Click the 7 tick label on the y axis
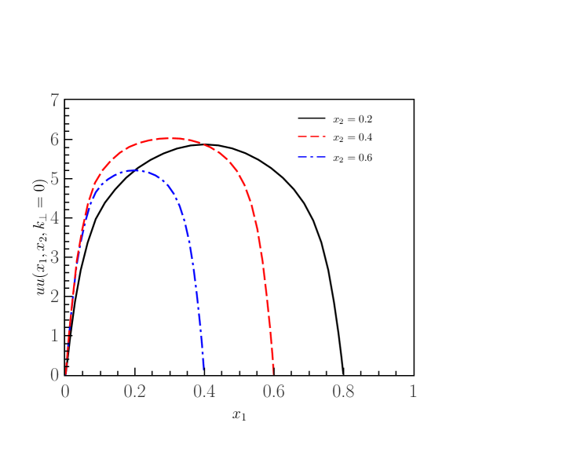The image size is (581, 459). tap(55, 100)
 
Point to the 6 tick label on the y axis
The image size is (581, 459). tap(55, 139)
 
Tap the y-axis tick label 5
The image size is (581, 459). tap(55, 178)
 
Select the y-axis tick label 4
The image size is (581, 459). tap(55, 217)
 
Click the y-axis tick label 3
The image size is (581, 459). tap(55, 257)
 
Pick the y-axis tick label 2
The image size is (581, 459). tap(55, 296)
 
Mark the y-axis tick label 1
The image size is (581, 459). tap(55, 335)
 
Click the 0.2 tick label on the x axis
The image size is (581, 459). tap(135, 391)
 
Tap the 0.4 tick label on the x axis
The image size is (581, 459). tap(204, 391)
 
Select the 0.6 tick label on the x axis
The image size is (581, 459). tap(274, 391)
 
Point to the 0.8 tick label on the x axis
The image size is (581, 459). tap(343, 391)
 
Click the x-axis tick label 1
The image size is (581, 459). tap(413, 391)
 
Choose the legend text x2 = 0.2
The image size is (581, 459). tap(353, 119)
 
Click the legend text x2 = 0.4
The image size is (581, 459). tap(353, 137)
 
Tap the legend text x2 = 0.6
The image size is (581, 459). tap(353, 158)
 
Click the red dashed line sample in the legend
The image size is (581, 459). tap(311, 137)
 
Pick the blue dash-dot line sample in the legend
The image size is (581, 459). tap(311, 157)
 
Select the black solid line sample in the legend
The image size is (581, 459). tap(311, 118)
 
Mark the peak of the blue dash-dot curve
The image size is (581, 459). tap(135, 170)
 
